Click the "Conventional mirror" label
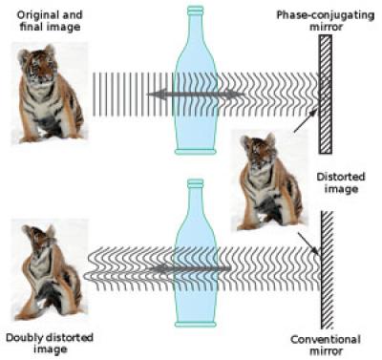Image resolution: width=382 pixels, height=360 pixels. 325,345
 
